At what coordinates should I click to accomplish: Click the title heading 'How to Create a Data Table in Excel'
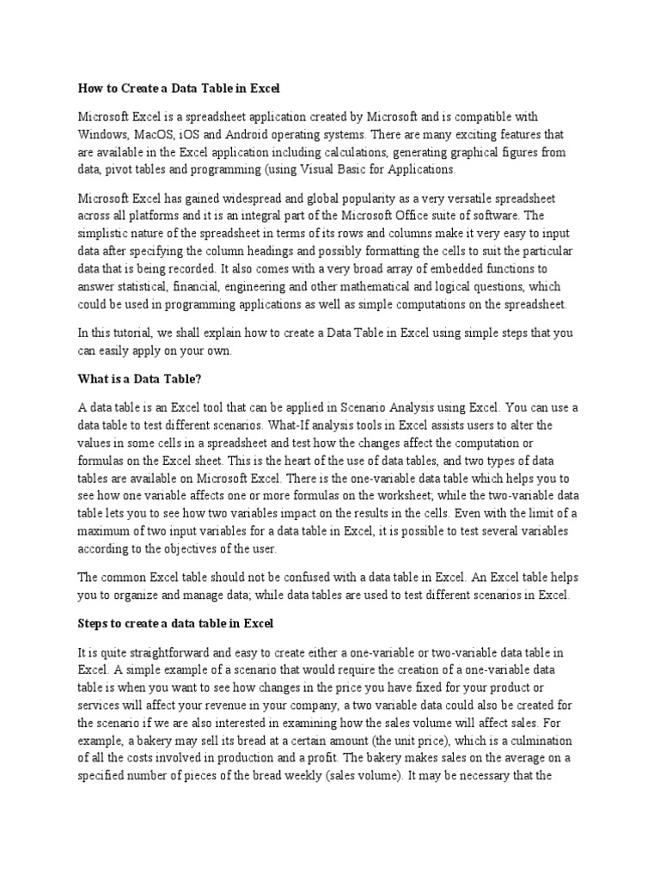tap(180, 89)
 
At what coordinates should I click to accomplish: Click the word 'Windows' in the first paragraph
tap(102, 135)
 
